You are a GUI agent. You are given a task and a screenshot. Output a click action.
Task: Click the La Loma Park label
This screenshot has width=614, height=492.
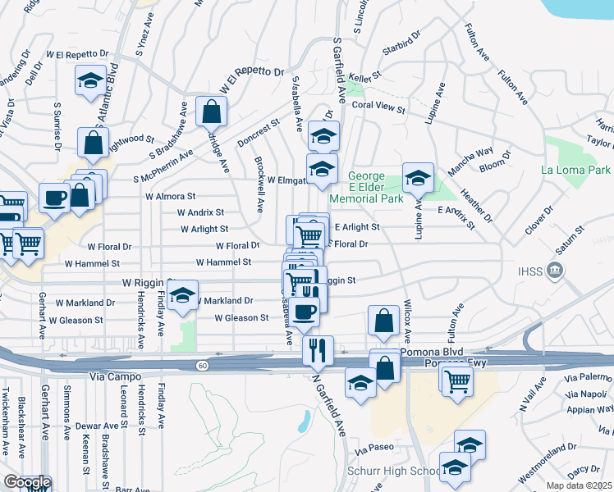[x=576, y=170]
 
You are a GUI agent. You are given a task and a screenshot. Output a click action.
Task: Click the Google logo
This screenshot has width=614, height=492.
[x=26, y=483]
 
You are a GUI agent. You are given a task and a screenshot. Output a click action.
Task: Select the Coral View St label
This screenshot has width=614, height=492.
[x=378, y=106]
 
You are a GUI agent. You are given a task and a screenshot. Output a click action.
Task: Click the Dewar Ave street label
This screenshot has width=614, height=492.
[x=99, y=426]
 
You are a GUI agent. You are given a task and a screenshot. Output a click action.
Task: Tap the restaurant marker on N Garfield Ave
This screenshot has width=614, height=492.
[x=318, y=351]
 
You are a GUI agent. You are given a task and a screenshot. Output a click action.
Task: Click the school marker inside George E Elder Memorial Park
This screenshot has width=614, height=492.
[x=418, y=178]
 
